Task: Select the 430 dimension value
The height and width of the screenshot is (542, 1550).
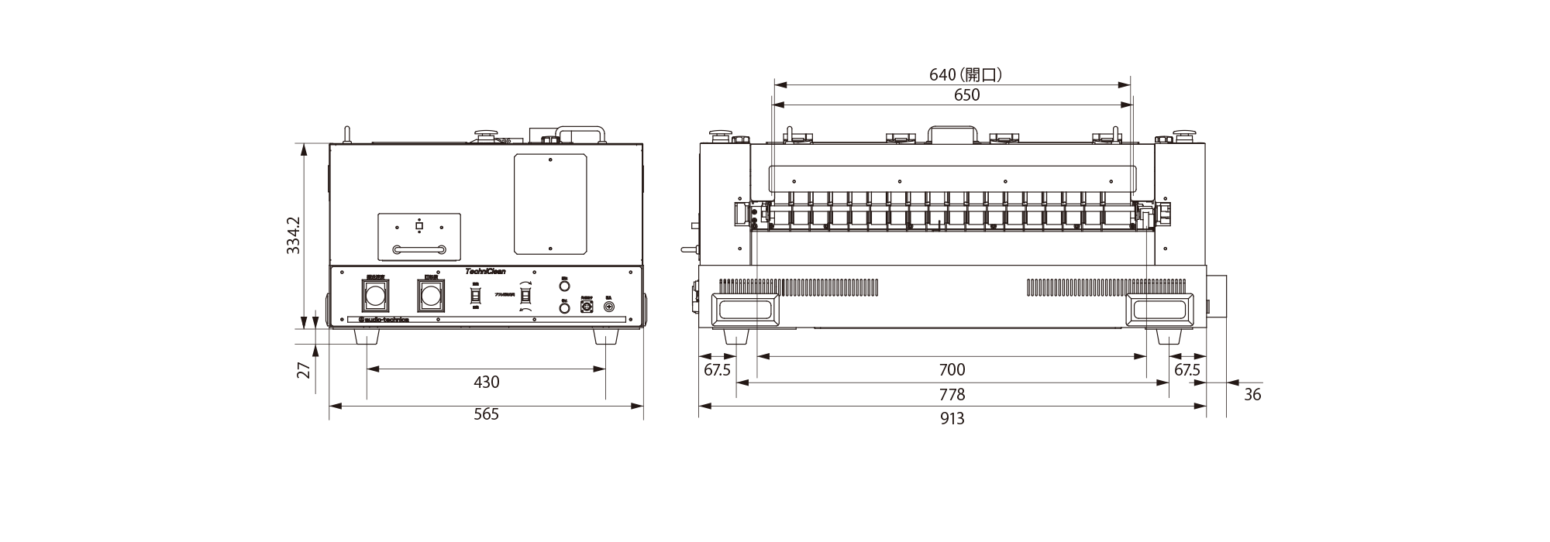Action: click(x=486, y=382)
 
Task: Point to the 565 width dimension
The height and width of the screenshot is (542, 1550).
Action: click(x=486, y=414)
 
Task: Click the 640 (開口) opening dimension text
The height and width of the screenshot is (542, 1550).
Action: click(x=966, y=74)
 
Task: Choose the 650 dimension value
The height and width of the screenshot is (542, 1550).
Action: click(x=966, y=95)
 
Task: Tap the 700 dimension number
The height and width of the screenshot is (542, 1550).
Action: click(x=952, y=370)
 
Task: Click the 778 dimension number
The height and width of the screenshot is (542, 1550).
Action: click(x=952, y=395)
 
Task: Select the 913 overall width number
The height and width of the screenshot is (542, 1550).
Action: click(x=952, y=419)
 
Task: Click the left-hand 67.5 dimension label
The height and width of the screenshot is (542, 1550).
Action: click(x=717, y=370)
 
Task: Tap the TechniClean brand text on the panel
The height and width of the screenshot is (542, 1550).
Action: click(x=485, y=271)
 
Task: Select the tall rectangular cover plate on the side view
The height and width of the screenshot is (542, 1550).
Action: click(x=550, y=204)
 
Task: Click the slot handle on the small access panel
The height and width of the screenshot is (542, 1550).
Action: click(x=419, y=249)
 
